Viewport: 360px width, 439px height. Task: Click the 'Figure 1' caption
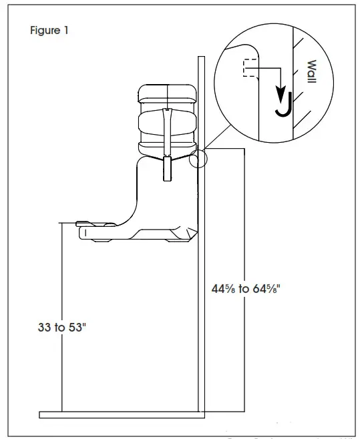[x=48, y=31]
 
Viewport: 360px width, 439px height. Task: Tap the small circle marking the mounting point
[x=198, y=158]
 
